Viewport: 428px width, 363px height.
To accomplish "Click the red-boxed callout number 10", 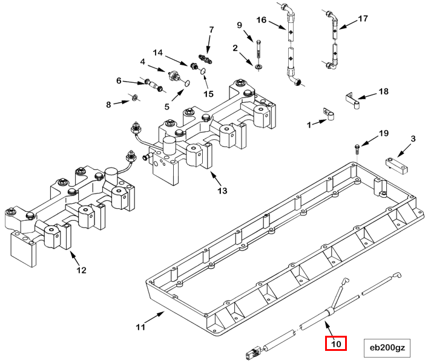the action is (336, 344).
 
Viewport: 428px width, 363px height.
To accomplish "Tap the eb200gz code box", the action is (387, 348).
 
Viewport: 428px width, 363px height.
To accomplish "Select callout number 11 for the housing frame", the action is (140, 327).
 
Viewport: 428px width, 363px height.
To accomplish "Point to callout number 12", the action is (81, 270).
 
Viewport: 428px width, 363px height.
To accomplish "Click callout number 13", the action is (222, 191).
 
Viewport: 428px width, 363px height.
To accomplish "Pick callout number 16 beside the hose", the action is (262, 20).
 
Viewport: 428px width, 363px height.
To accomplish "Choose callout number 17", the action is (363, 19).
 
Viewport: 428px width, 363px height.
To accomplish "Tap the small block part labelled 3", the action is (397, 166).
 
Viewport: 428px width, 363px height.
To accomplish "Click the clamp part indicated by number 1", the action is (328, 114).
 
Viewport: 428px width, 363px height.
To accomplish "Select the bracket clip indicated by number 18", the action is (353, 100).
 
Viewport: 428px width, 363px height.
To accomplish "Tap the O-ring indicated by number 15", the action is (203, 71).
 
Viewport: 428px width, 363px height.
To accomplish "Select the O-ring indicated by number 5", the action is (187, 83).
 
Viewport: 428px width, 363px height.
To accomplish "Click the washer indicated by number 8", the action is (134, 97).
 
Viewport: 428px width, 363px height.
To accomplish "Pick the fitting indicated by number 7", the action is (205, 59).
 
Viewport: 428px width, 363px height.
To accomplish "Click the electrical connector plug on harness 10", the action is (252, 353).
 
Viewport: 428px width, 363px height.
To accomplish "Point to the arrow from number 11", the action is (155, 318).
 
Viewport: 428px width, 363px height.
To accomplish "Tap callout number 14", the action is (158, 53).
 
